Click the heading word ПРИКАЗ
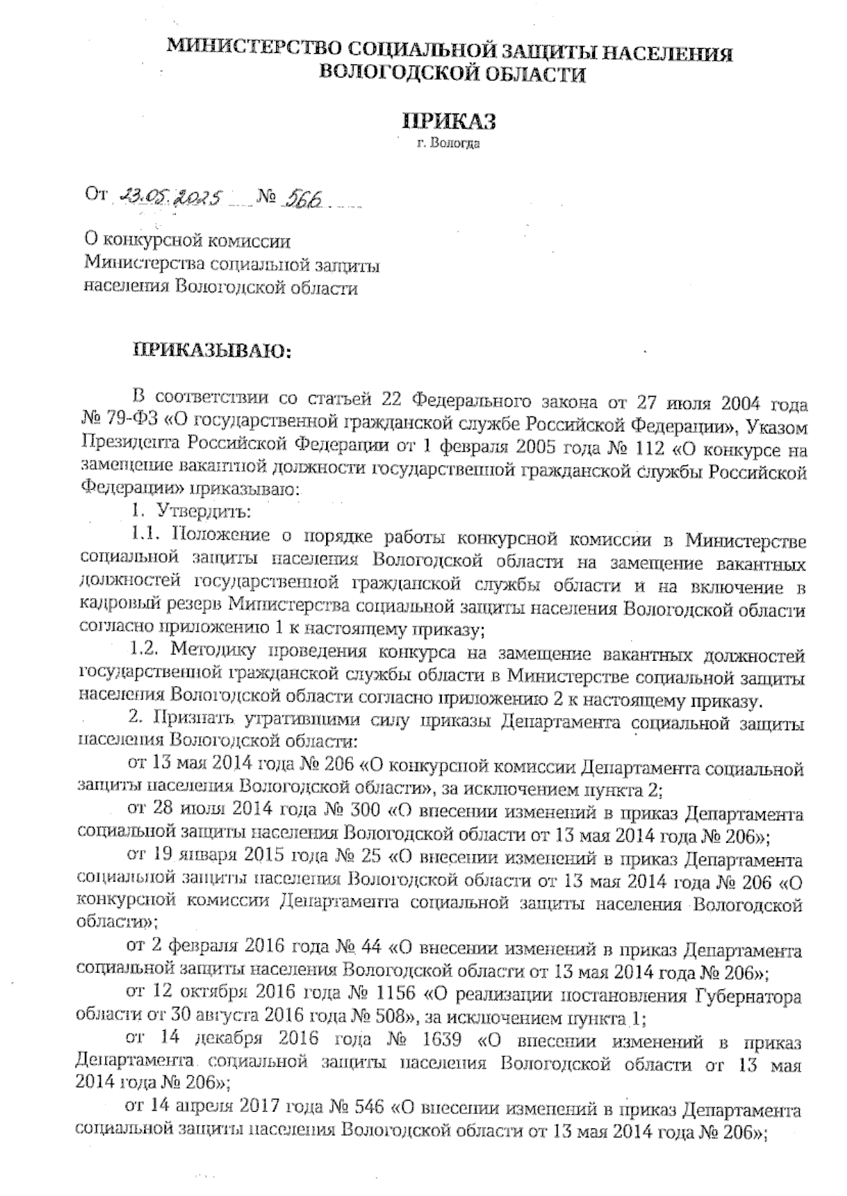[x=448, y=121]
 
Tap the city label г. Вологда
[x=448, y=145]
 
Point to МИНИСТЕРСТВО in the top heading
[x=254, y=50]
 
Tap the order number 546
[x=366, y=1109]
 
